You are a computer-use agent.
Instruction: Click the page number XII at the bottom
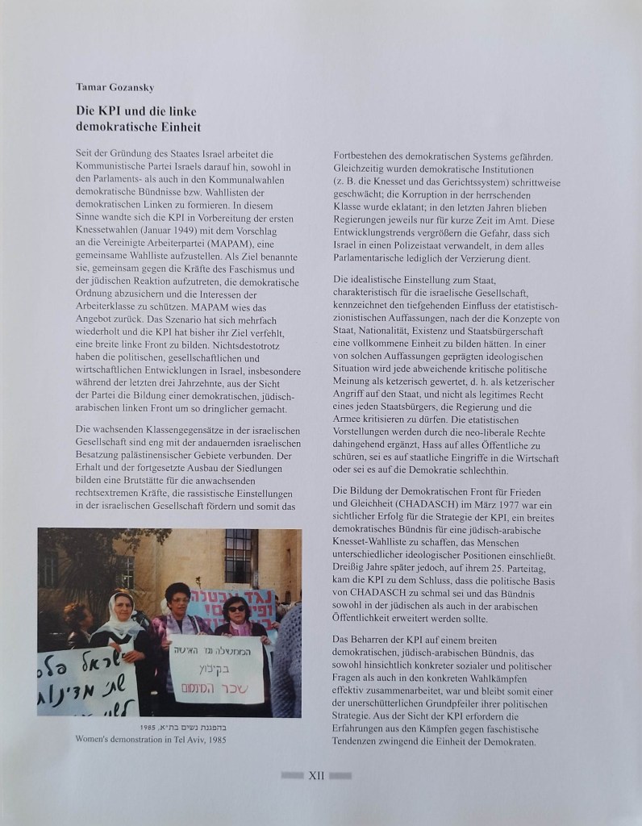316,775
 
